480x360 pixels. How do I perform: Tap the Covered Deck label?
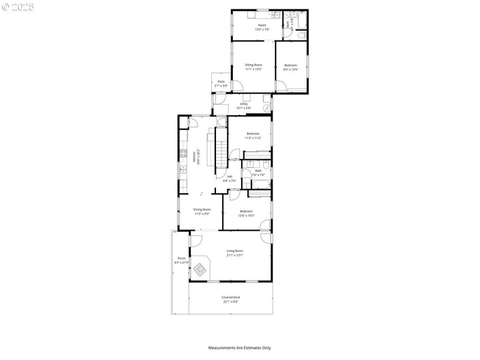230,298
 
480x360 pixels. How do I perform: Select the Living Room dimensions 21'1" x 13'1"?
235,255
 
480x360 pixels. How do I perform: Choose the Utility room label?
244,104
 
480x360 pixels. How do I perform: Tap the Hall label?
229,176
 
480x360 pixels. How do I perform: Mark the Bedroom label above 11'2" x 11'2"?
253,133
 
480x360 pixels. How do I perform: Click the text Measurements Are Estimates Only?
239,347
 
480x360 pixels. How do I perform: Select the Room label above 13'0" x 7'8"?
262,25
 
